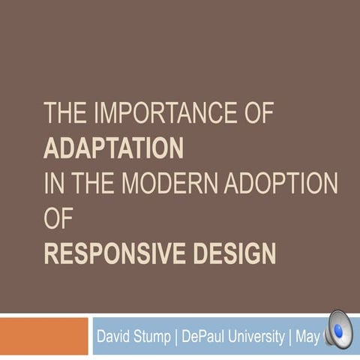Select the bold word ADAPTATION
point(113,148)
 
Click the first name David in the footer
point(115,335)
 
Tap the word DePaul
point(205,335)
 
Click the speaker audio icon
point(337,330)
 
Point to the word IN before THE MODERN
point(53,183)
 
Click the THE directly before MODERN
point(94,183)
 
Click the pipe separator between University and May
point(289,335)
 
